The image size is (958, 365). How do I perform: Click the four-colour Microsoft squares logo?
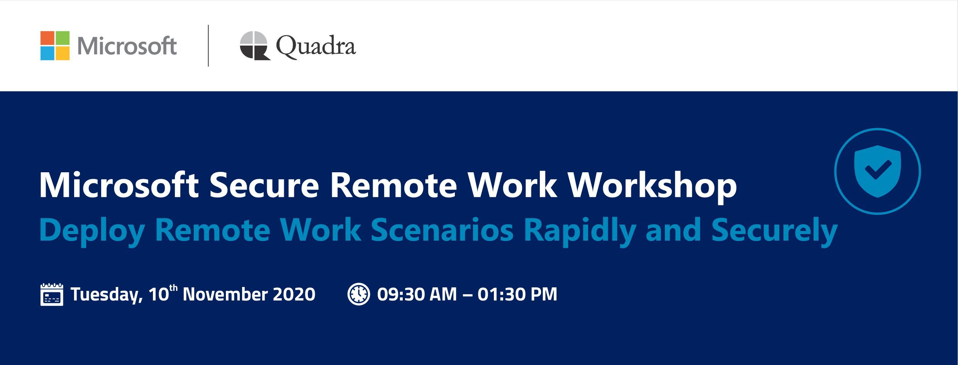pyautogui.click(x=55, y=46)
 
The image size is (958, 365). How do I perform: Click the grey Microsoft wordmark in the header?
pyautogui.click(x=127, y=46)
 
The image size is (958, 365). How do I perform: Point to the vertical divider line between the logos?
pyautogui.click(x=209, y=46)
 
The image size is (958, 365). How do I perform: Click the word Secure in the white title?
pyautogui.click(x=264, y=186)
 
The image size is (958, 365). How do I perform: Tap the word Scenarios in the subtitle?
pyautogui.click(x=442, y=230)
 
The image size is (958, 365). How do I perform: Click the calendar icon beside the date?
pyautogui.click(x=52, y=294)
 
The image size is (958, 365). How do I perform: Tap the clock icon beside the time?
pyautogui.click(x=359, y=294)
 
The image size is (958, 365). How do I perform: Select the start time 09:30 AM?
pyautogui.click(x=417, y=294)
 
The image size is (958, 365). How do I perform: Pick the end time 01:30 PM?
pyautogui.click(x=517, y=294)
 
